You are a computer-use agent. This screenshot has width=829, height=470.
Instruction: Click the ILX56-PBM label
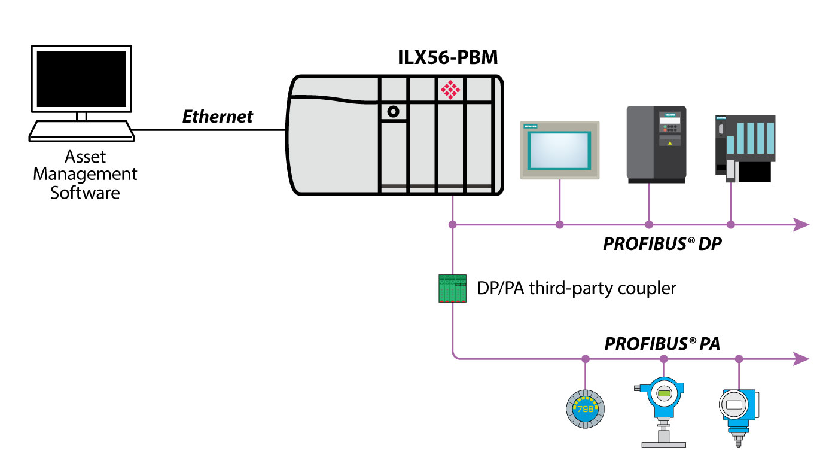(448, 58)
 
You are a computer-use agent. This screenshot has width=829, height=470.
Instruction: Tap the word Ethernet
(218, 116)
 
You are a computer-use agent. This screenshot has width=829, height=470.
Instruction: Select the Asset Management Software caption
(85, 175)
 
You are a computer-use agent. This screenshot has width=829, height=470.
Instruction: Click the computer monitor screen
(81, 78)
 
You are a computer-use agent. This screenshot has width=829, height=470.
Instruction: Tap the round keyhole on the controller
(393, 111)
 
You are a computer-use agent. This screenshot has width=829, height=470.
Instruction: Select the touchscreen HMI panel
(559, 149)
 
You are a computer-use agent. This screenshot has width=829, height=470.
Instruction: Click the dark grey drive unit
(656, 144)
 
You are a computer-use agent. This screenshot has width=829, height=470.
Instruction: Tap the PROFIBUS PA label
(662, 344)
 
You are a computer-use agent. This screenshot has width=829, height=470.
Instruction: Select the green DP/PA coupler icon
(452, 288)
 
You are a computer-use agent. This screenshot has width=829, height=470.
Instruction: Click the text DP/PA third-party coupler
(576, 288)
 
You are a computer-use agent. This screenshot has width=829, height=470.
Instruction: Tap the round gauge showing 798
(585, 408)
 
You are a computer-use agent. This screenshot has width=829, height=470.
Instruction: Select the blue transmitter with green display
(663, 401)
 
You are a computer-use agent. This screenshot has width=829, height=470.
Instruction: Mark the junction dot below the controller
(453, 225)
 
